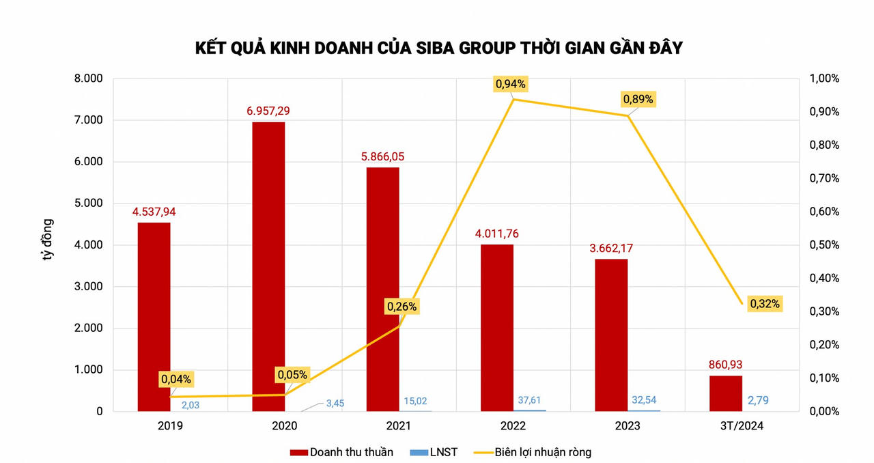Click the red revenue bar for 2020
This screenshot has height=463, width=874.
[x=268, y=266]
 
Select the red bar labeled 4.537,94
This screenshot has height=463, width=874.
[x=154, y=317]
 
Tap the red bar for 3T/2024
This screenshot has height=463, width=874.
[x=725, y=393]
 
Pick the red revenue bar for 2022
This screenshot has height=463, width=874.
[x=497, y=328]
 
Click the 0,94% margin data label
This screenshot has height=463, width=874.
[x=510, y=84]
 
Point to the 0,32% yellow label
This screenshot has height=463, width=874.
[x=764, y=303]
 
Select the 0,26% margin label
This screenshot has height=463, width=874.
[x=401, y=307]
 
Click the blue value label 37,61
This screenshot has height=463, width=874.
[x=531, y=401]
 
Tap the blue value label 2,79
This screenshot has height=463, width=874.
[x=759, y=400]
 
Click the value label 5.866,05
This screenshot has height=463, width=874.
[x=383, y=156]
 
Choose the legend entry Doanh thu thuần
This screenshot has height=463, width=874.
[x=341, y=452]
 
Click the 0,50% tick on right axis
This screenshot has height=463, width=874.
[x=824, y=245]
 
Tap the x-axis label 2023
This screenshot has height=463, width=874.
[x=627, y=426]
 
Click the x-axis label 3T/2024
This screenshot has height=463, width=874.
[x=742, y=426]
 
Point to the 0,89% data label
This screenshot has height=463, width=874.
[x=638, y=99]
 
